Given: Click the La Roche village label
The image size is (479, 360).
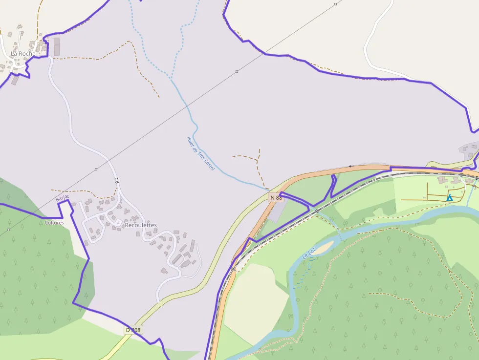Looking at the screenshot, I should point(23,53).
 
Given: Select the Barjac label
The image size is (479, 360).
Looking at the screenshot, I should point(63,198).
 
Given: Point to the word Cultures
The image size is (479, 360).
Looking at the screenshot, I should point(54,223).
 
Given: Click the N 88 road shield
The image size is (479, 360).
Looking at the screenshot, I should point(276,197).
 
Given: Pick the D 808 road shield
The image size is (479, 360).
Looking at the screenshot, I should point(133,330).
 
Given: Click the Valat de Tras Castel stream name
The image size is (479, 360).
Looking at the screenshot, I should point(201,153).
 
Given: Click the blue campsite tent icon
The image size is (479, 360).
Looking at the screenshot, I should point(450,197).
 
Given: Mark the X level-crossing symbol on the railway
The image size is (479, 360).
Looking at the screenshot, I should point(234,268).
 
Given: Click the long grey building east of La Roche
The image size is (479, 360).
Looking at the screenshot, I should point(56,46).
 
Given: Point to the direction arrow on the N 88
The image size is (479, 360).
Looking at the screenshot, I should point(350,166).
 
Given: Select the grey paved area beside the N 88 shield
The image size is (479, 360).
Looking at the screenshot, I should point(277,212).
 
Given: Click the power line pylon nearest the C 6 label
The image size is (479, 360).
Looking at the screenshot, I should point(96,169).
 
